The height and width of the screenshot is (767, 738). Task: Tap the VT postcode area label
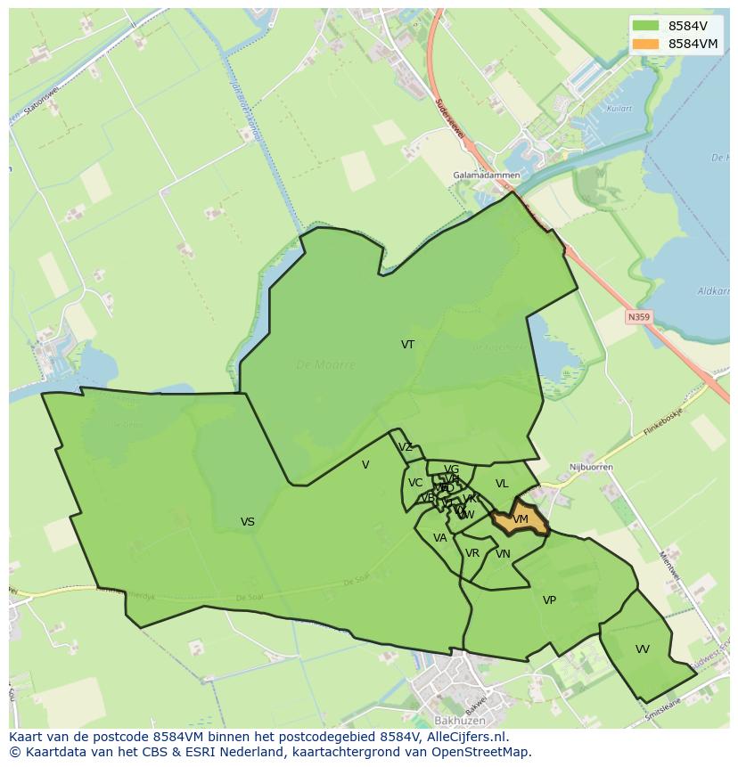407,345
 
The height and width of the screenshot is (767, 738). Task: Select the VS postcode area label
248,522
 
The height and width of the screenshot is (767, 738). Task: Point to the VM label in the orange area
521,519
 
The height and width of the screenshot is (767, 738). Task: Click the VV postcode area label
643,649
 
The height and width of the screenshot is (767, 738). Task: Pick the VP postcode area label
549,600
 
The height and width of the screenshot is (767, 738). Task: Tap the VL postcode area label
502,484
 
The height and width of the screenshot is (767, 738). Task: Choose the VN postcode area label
503,554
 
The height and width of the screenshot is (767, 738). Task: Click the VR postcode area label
472,553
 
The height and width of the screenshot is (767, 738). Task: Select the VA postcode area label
439,538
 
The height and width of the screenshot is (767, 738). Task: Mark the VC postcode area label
415,483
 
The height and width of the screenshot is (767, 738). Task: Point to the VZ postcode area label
406,447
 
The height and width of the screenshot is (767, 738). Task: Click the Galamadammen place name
486,175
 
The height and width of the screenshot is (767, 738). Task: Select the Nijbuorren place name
586,467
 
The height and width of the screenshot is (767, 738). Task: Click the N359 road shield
638,316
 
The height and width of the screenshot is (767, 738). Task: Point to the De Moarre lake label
325,364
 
